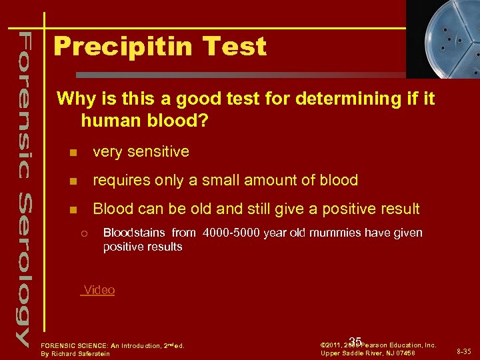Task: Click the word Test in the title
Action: [x=237, y=47]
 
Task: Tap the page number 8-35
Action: [x=465, y=351]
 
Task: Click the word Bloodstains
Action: [x=135, y=233]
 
